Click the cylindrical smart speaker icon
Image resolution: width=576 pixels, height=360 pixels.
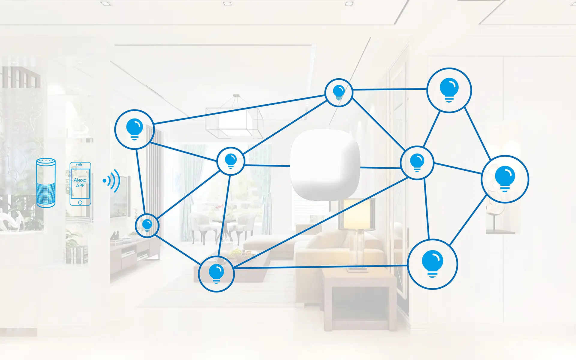point(46,183)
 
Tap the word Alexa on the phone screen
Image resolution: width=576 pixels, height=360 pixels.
point(80,180)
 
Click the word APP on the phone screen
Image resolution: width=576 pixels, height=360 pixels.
point(80,185)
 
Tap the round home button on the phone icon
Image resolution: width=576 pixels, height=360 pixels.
point(80,202)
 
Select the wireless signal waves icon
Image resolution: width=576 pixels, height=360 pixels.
point(111,181)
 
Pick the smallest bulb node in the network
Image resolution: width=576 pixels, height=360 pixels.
point(147,225)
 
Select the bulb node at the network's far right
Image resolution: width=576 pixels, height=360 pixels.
point(505,179)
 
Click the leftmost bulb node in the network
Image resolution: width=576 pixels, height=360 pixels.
point(135,129)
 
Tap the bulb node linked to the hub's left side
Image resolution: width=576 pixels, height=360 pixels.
point(231,161)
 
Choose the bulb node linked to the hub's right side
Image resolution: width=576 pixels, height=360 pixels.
point(417,163)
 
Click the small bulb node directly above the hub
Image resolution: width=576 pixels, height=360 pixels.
point(339,92)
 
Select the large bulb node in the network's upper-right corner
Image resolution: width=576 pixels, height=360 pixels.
point(449,90)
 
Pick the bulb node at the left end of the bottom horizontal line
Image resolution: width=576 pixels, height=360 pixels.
point(216,274)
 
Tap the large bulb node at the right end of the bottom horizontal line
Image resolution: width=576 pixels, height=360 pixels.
point(432,264)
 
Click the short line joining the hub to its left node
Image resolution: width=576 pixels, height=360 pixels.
point(267,166)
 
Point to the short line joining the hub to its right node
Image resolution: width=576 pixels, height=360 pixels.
point(380,168)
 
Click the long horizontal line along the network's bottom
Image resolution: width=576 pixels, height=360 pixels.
point(321,267)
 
